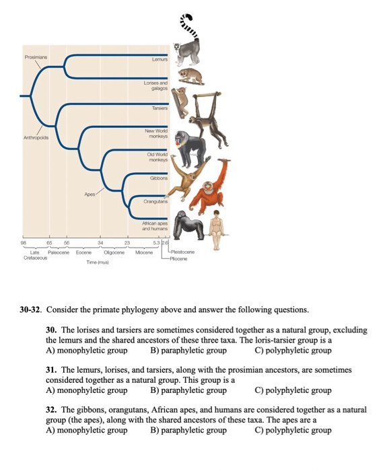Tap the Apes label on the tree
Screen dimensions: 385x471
90,194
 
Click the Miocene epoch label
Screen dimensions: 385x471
144,253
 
